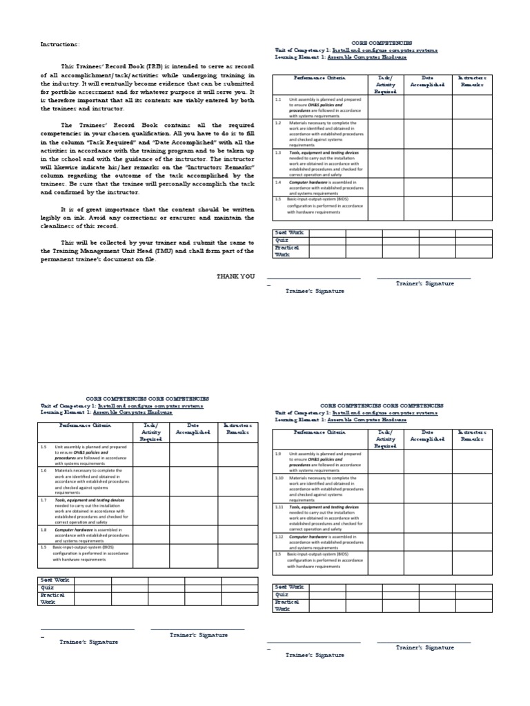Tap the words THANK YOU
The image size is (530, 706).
click(x=235, y=276)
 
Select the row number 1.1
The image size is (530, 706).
click(x=277, y=99)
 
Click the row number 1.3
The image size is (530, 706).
click(x=277, y=152)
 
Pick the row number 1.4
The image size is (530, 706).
click(x=277, y=182)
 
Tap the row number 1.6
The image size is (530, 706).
click(x=43, y=470)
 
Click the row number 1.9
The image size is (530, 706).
click(x=278, y=454)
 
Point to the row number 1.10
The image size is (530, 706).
click(x=279, y=477)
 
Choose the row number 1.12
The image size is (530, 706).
click(x=279, y=536)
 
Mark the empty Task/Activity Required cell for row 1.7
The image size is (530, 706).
click(x=150, y=510)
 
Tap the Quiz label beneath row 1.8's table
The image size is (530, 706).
click(x=47, y=587)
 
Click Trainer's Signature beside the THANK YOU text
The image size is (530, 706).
click(x=425, y=283)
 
